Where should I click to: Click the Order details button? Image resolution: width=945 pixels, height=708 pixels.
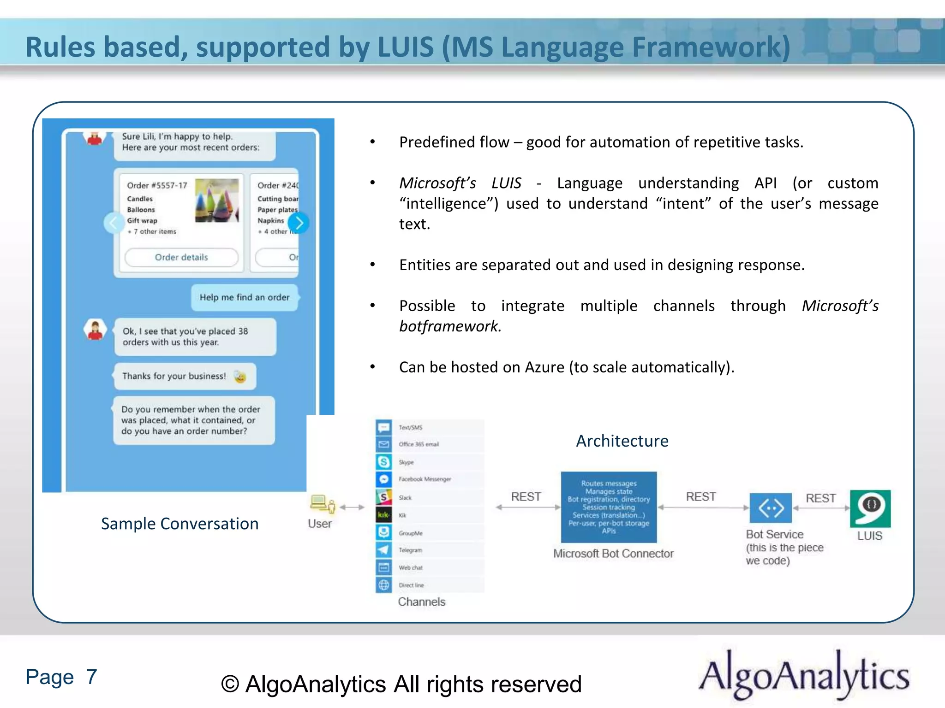[x=181, y=257]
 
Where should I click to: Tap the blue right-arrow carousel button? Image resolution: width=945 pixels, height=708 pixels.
[x=299, y=223]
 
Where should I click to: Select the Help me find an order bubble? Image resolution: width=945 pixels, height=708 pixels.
[x=244, y=297]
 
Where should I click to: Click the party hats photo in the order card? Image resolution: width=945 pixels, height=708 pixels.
[x=217, y=201]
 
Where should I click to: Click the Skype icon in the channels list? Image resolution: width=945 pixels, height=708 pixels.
[x=384, y=461]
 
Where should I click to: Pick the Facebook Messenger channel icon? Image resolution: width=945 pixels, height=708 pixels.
[x=384, y=479]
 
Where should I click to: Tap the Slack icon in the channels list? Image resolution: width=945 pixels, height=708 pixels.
[x=384, y=497]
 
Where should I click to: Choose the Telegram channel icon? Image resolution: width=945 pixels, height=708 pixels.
[x=384, y=549]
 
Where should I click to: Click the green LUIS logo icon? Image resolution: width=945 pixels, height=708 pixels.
[x=870, y=508]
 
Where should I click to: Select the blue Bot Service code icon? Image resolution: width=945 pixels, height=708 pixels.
[x=771, y=508]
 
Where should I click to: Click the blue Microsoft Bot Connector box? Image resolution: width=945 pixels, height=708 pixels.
[x=609, y=507]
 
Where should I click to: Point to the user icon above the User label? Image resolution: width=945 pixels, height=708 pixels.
[x=323, y=504]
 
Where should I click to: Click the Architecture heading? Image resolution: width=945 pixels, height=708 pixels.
[x=622, y=441]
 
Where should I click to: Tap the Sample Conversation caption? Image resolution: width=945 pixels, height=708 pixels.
[x=179, y=524]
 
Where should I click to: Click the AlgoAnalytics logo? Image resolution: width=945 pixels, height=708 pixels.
[x=804, y=675]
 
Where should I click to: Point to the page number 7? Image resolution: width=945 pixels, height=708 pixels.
[x=91, y=677]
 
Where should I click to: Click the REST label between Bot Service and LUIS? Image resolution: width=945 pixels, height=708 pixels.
[x=820, y=498]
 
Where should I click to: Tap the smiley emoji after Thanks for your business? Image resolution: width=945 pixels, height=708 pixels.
[x=240, y=377]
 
